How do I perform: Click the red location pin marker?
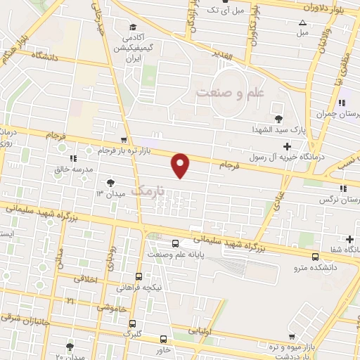click(181, 165)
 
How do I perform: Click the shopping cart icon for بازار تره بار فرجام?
click(124, 140)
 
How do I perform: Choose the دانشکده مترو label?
click(325, 268)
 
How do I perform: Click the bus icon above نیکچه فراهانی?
click(138, 276)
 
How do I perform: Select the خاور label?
click(163, 349)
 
